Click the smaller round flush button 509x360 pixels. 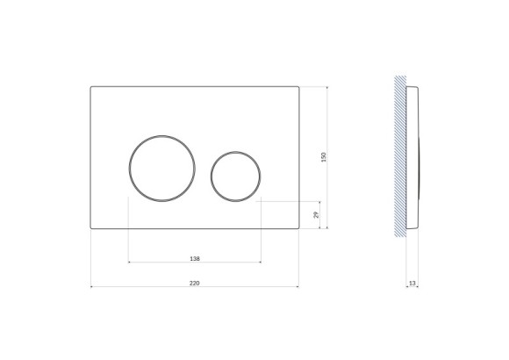tap(235, 174)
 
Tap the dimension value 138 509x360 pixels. tap(195, 258)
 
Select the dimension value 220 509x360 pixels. tap(195, 283)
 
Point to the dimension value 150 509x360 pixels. tap(324, 156)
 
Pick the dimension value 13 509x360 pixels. tap(413, 283)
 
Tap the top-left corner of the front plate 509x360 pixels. tap(91, 86)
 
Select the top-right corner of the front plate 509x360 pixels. tap(299, 86)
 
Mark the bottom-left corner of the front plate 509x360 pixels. tap(91, 228)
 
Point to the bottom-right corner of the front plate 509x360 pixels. tap(299, 228)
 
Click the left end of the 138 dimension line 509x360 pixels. tap(129, 262)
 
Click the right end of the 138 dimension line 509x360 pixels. tap(261, 262)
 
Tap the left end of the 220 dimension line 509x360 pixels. tap(91, 286)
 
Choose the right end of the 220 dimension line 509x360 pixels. tap(299, 286)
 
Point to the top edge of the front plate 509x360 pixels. tap(195, 85)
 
